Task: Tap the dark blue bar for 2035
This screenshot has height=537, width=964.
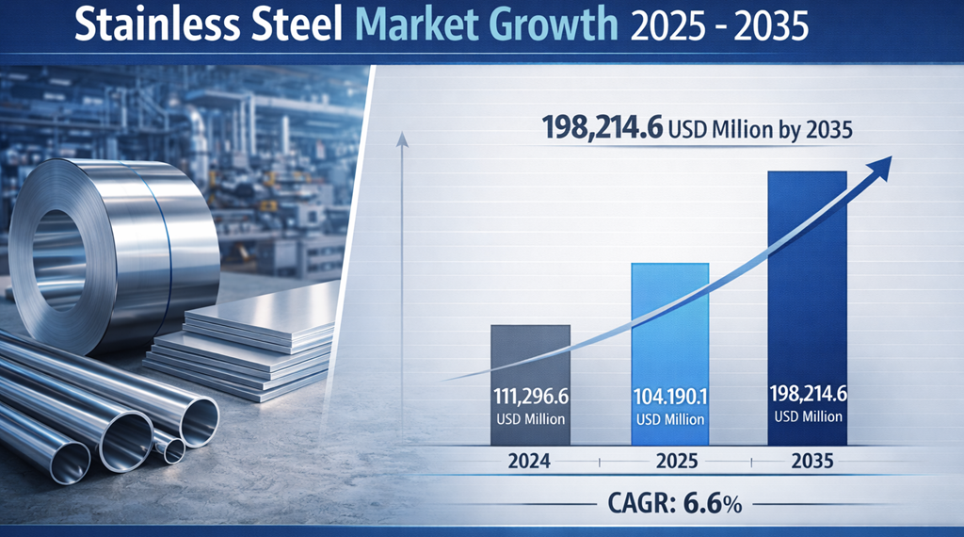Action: [808, 283]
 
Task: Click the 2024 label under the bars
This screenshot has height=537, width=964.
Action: [530, 462]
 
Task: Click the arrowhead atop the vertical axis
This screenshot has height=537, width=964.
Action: [402, 141]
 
